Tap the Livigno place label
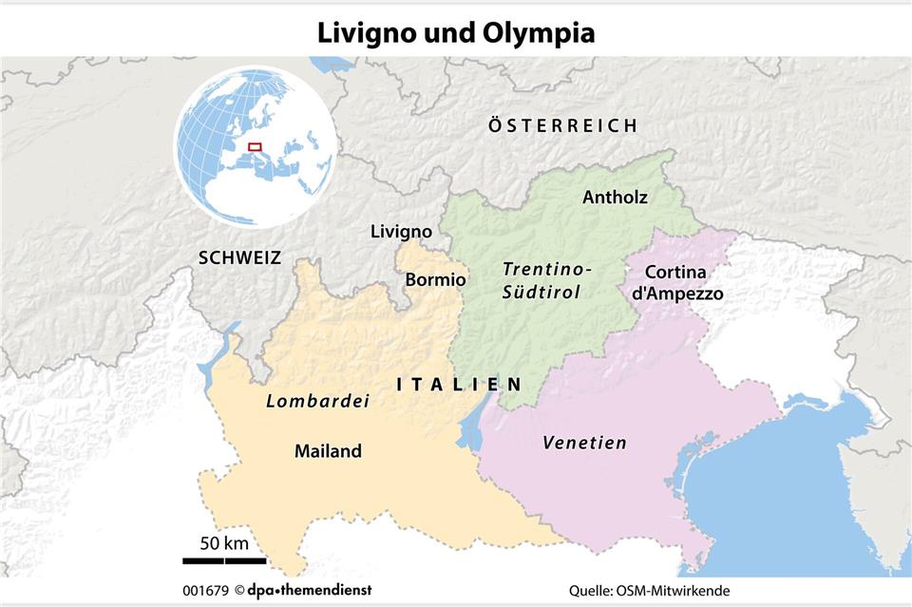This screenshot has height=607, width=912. [x=401, y=232]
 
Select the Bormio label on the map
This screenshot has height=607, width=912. [x=435, y=280]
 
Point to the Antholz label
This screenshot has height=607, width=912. [x=615, y=198]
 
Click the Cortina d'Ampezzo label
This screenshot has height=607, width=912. [x=677, y=283]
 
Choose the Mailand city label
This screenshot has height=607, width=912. [x=328, y=451]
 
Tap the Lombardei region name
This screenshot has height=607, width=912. [x=316, y=401]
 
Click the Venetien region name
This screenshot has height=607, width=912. [x=584, y=443]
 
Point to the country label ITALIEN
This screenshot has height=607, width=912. [x=459, y=384]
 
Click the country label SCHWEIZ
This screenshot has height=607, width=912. [x=239, y=257]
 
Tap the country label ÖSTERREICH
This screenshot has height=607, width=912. [x=562, y=125]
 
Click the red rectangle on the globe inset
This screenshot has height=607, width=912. [x=254, y=147]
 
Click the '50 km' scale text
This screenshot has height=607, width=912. [x=224, y=543]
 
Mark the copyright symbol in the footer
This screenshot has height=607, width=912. [x=240, y=590]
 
